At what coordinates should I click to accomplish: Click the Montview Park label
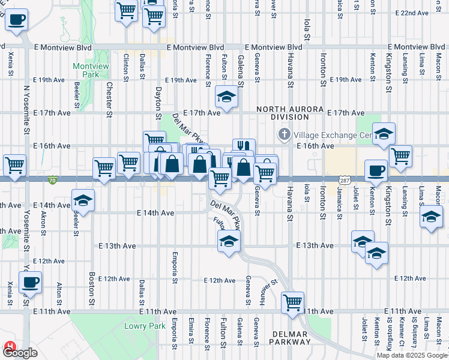(x=85, y=70)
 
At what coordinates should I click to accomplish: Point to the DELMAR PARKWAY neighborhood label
(x=291, y=337)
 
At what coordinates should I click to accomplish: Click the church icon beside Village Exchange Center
(x=285, y=134)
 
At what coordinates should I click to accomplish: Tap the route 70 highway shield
(x=53, y=180)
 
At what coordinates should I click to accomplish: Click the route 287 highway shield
(x=344, y=180)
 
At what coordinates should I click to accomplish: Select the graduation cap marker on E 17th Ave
(x=227, y=95)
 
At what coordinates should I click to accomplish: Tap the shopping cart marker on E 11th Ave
(x=292, y=301)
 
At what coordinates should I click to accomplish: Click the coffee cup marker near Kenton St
(x=376, y=170)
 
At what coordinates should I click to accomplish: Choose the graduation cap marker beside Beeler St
(x=83, y=200)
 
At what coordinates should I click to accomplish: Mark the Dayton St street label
(x=158, y=103)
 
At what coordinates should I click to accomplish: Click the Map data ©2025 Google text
(x=411, y=355)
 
